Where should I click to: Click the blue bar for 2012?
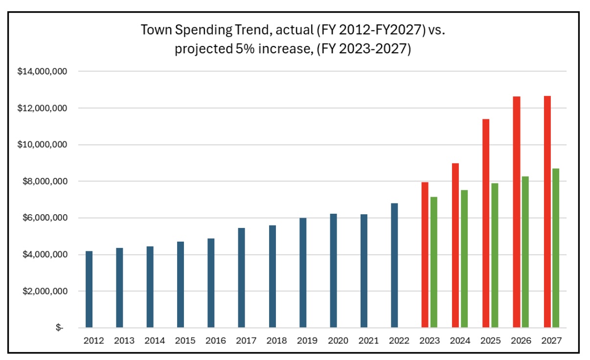tap(89, 289)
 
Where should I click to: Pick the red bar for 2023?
tap(425, 254)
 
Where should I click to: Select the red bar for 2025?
tap(486, 223)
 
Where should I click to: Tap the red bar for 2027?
tap(547, 211)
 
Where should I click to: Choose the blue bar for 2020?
tap(333, 270)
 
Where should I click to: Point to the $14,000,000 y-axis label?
tap(42, 71)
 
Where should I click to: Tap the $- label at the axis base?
tap(59, 328)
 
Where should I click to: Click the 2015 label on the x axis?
tap(185, 341)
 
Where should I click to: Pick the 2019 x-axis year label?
tap(307, 341)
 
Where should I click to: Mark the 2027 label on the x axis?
tap(551, 341)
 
